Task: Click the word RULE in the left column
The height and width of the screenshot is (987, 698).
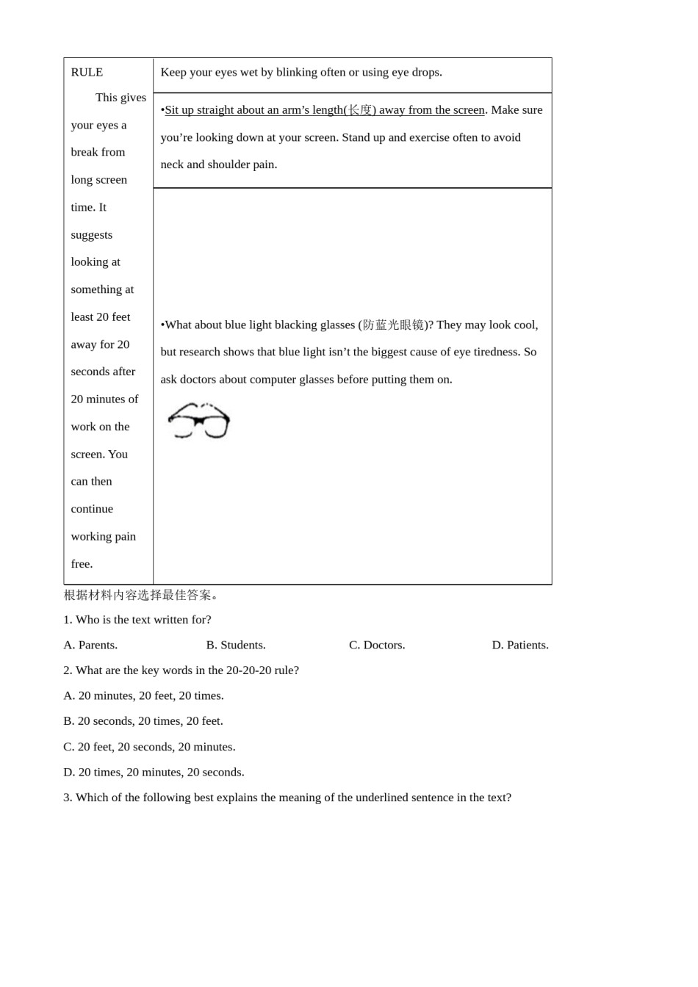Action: click(x=87, y=72)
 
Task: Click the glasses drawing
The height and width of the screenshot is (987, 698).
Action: click(x=199, y=421)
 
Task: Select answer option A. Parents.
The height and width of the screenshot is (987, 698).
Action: click(x=90, y=645)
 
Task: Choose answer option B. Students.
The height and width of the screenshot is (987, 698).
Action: click(x=236, y=645)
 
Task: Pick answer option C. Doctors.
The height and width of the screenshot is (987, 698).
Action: click(x=377, y=645)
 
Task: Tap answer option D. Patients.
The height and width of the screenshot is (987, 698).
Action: click(x=520, y=645)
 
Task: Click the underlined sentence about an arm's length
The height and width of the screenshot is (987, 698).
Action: click(x=325, y=110)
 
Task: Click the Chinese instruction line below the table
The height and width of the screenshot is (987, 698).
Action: click(x=141, y=595)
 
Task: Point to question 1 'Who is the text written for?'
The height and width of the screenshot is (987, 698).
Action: click(x=137, y=620)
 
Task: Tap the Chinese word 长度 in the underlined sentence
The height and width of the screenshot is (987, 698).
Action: click(x=360, y=110)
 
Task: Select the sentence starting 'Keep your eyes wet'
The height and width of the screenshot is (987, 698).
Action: click(x=301, y=72)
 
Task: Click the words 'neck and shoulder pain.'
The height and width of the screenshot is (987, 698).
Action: click(x=219, y=164)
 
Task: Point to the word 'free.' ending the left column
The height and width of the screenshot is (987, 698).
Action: click(x=82, y=564)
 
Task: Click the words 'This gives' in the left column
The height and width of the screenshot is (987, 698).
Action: click(x=120, y=98)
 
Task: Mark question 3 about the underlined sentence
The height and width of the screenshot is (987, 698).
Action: click(x=287, y=798)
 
